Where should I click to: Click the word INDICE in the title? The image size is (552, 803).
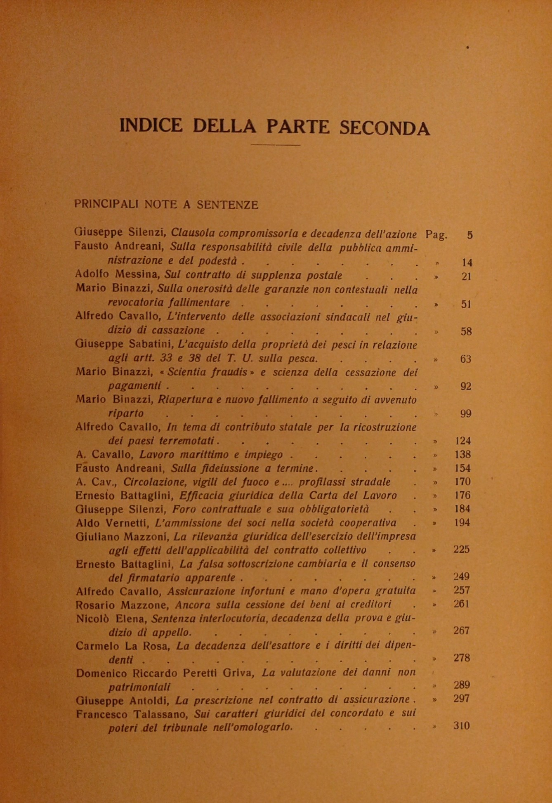click(151, 125)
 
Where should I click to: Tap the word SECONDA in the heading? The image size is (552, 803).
click(384, 128)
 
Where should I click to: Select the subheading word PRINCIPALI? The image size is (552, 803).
click(106, 204)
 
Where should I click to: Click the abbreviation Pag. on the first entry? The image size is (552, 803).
click(436, 235)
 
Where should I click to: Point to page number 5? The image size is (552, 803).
click(469, 236)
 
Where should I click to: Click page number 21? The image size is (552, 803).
click(466, 276)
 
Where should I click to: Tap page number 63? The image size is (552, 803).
click(465, 359)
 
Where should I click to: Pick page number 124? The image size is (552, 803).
click(463, 441)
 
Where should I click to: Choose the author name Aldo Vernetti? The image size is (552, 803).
click(112, 523)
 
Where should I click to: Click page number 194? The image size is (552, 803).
click(462, 522)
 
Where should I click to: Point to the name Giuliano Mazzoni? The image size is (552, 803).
click(122, 537)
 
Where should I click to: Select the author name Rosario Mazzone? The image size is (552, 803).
click(123, 605)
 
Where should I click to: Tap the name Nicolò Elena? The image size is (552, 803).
click(111, 619)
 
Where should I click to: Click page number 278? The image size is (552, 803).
click(462, 658)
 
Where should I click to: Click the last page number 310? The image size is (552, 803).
click(462, 726)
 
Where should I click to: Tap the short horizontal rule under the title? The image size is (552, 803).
click(275, 145)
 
